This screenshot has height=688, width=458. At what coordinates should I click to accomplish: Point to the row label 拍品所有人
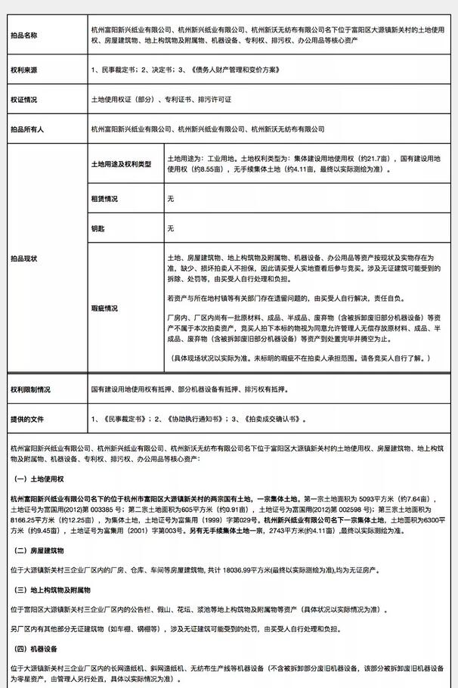pyautogui.click(x=28, y=129)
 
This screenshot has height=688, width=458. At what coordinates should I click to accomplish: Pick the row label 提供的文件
pyautogui.click(x=28, y=418)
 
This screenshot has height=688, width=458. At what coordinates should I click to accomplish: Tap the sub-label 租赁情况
pyautogui.click(x=104, y=199)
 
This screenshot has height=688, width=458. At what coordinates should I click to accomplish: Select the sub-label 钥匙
pyautogui.click(x=97, y=228)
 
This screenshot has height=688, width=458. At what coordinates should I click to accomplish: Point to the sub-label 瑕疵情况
pyautogui.click(x=104, y=308)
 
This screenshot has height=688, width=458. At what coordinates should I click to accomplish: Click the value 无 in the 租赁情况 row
pyautogui.click(x=170, y=199)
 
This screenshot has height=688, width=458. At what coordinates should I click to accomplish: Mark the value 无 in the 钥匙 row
pyautogui.click(x=170, y=228)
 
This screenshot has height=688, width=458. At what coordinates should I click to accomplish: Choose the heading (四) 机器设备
pyautogui.click(x=39, y=648)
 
